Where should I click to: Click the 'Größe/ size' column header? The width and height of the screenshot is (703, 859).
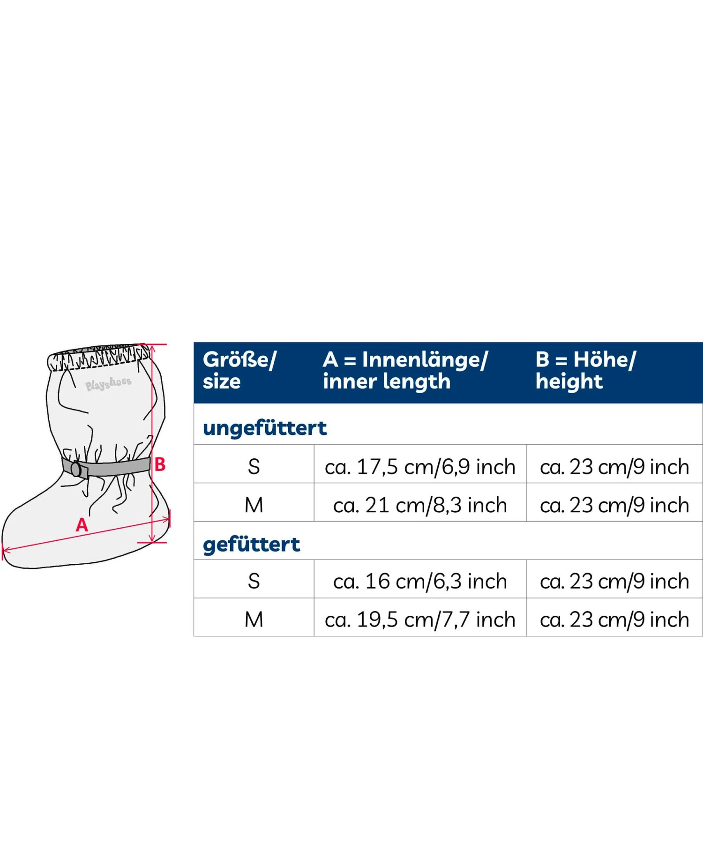239,370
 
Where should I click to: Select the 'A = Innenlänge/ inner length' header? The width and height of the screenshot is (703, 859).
405,370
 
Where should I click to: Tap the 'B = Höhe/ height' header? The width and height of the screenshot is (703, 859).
586,370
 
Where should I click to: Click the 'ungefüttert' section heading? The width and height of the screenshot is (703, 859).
265,428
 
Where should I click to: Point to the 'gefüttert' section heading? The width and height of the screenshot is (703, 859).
251,545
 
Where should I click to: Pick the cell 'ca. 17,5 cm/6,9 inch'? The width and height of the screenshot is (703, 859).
420,467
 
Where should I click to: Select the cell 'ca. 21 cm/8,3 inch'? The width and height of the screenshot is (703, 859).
420,505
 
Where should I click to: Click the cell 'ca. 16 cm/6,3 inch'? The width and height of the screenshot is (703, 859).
420,581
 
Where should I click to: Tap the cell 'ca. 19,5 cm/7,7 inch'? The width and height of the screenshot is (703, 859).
420,620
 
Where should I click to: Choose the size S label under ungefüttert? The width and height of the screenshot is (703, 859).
254,467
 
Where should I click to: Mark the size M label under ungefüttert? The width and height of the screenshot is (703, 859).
254,505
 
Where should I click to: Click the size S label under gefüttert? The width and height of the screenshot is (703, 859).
254,581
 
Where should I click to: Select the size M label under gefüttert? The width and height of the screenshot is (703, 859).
254,620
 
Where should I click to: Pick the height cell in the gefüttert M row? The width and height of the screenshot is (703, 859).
614,620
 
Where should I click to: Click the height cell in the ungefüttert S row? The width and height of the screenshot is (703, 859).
614,467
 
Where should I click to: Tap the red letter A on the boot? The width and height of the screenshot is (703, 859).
82,525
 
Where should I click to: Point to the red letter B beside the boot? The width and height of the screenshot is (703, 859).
160,464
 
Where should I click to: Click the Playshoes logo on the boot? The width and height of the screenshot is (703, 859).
108,383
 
